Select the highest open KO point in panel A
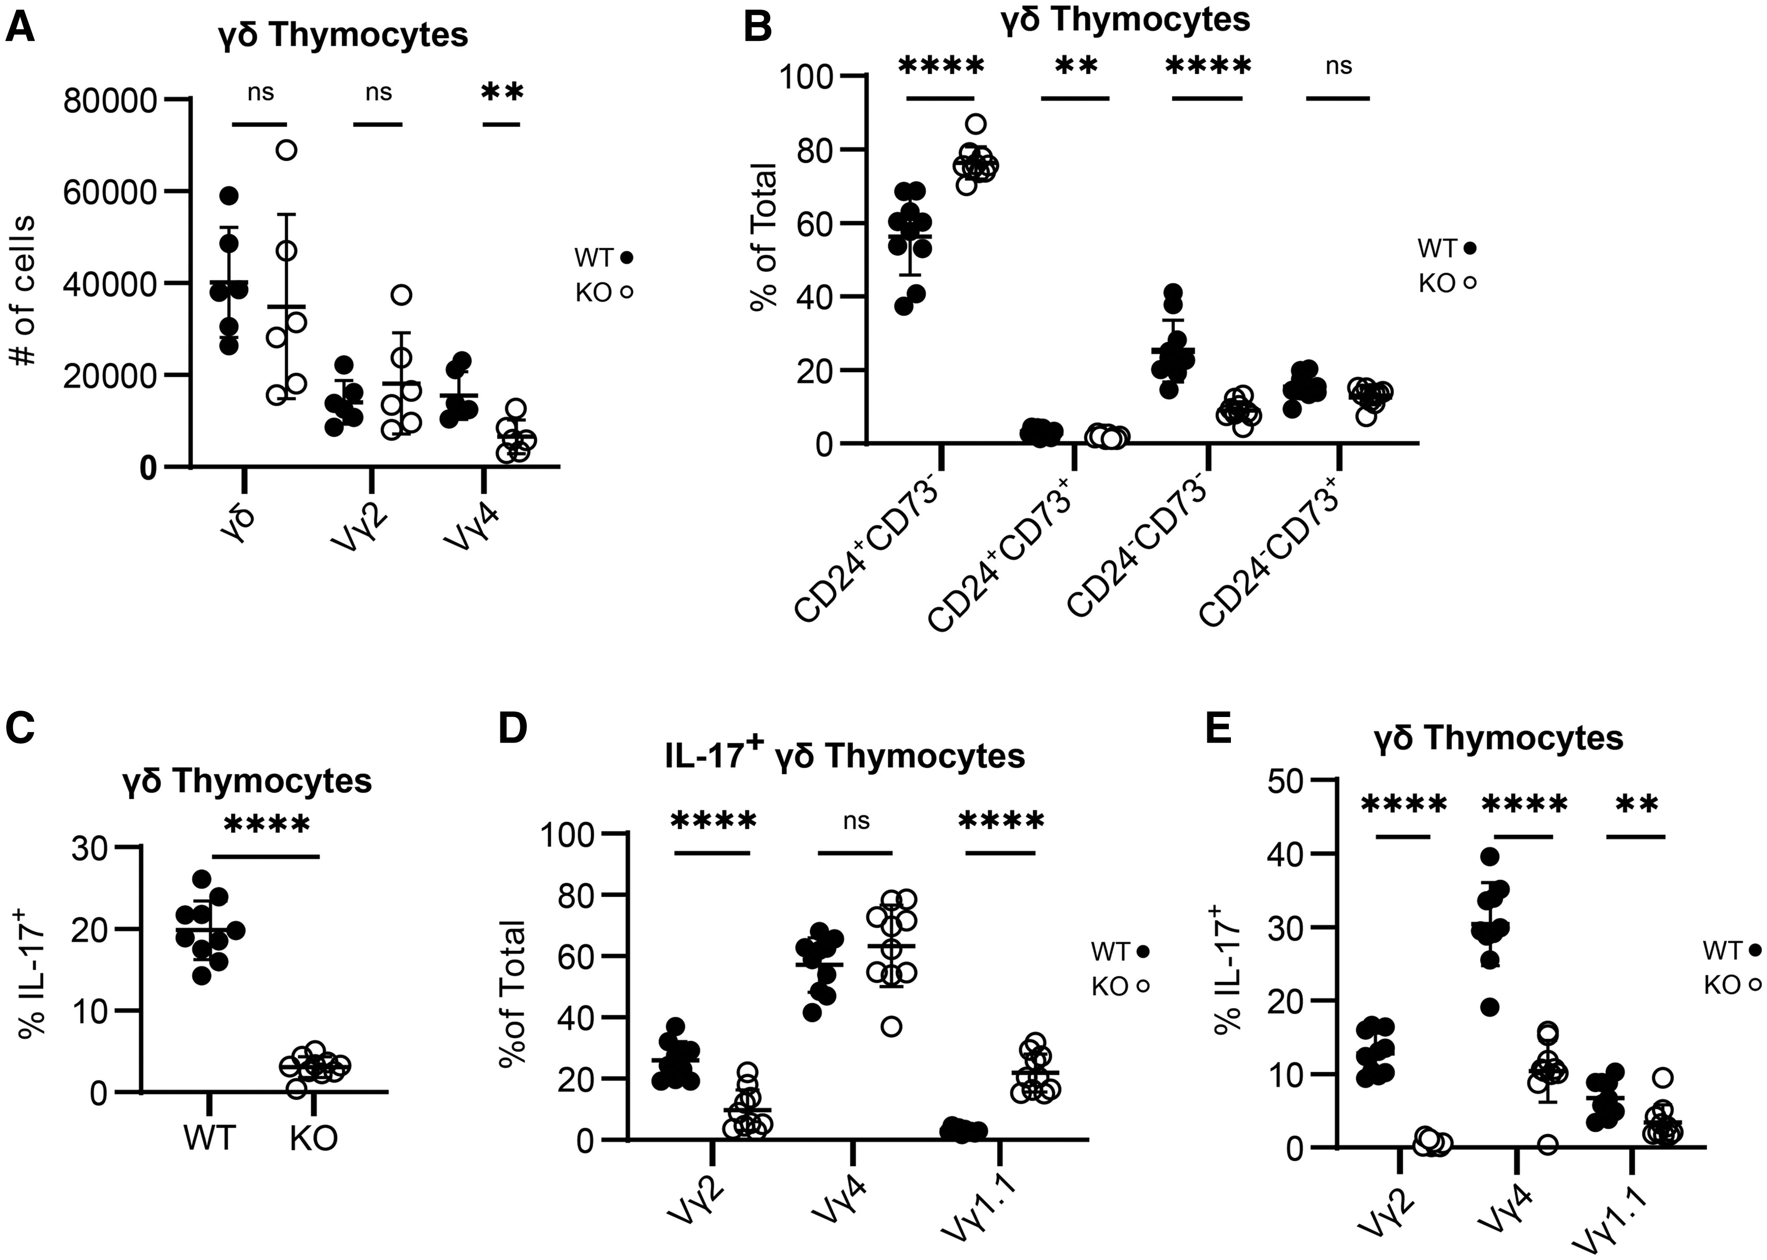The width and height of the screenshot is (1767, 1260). (287, 150)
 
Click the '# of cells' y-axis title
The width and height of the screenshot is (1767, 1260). (23, 291)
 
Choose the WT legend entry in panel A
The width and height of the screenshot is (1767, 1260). (604, 257)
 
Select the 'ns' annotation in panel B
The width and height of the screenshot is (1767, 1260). (1338, 67)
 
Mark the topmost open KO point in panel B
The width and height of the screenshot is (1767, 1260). (976, 123)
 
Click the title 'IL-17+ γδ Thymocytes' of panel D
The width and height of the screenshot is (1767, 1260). (845, 756)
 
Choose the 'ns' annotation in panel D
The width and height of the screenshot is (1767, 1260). (856, 821)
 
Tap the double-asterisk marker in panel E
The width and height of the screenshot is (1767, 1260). (1636, 804)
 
